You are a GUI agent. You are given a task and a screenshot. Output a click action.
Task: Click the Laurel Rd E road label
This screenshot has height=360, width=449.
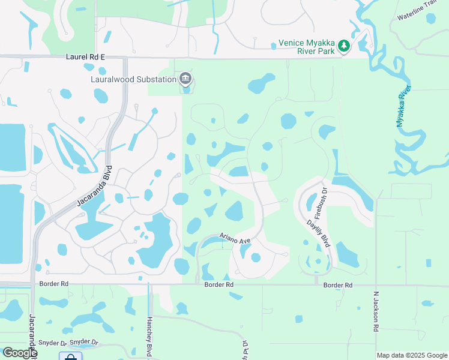point(85,56)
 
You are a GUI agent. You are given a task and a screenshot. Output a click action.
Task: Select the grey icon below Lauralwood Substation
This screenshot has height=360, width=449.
point(185,79)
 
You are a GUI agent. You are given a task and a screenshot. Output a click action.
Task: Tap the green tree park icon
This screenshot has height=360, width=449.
point(343,46)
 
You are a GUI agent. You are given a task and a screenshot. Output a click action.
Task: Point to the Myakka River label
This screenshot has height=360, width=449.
point(403,106)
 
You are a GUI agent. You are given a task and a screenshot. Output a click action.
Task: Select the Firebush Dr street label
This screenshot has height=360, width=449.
point(319,203)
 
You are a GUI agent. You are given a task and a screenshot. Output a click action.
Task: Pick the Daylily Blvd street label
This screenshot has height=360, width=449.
point(318,233)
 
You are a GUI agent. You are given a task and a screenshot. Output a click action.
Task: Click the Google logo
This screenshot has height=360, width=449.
point(19,353)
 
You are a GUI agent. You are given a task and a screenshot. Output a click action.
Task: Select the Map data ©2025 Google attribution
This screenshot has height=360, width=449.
point(412,355)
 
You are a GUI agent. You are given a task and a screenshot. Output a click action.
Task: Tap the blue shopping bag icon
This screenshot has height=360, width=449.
point(71,356)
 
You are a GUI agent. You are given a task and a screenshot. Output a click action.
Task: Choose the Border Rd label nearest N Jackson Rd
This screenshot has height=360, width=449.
point(339,285)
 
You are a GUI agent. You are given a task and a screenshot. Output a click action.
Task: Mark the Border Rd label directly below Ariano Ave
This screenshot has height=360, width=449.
point(218,285)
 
